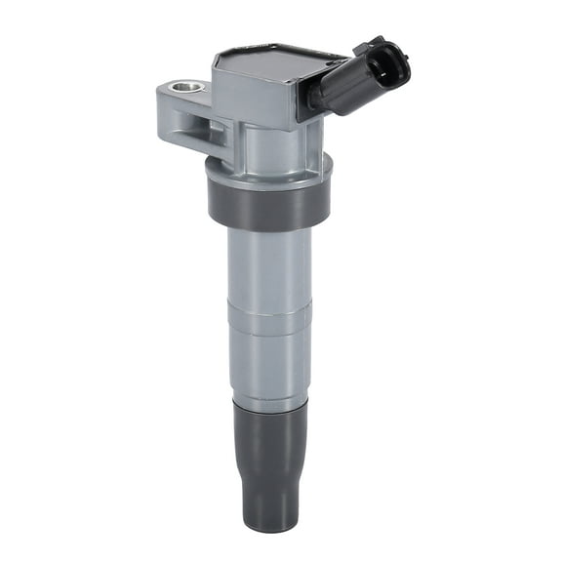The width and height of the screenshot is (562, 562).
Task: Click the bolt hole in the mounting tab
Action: click(x=186, y=89)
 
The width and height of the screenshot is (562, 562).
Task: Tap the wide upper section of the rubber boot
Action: click(x=270, y=429)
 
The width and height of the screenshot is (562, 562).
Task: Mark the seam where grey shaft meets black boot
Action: click(x=269, y=400)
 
